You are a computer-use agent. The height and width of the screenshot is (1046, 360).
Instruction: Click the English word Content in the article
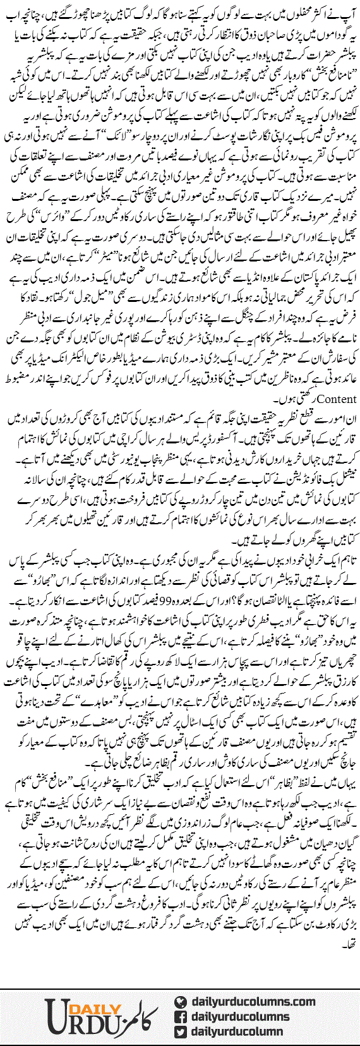[339, 399]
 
